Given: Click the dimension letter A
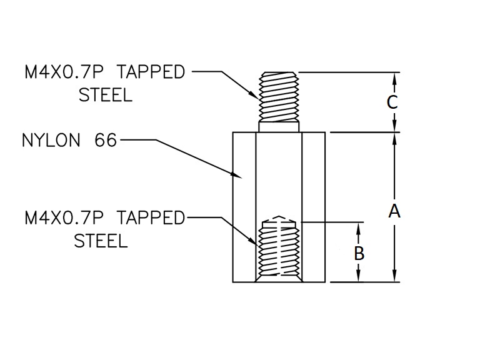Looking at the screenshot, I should click(394, 211).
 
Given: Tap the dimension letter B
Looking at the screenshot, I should click(359, 254).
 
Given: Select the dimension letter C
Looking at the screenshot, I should click(392, 102).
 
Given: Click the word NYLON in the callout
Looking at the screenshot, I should click(51, 140).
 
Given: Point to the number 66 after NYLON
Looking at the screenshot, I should click(106, 140).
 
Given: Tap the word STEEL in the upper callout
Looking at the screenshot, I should click(106, 96).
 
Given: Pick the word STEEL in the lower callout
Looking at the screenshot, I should click(101, 241).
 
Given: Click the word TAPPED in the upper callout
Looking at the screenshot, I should click(152, 72).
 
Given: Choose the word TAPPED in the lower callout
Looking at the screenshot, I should click(152, 218).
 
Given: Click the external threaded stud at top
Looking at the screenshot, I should click(279, 97).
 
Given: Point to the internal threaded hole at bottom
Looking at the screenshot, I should click(279, 250).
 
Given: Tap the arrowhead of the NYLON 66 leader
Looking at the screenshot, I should click(237, 176).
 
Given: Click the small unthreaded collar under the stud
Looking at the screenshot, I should click(279, 127).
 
